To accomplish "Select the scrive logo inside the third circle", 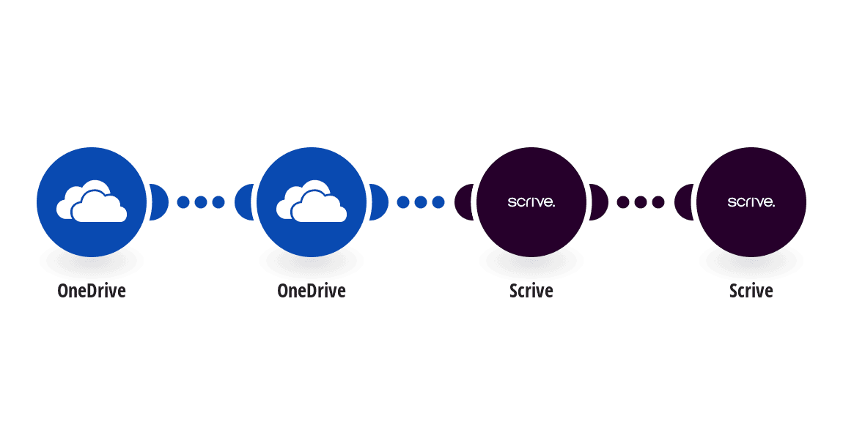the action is pyautogui.click(x=531, y=202).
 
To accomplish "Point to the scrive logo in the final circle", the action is pyautogui.click(x=751, y=202).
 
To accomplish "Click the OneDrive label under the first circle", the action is pyautogui.click(x=92, y=291).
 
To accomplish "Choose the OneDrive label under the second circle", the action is pyautogui.click(x=312, y=291).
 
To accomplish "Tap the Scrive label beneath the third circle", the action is pyautogui.click(x=531, y=291).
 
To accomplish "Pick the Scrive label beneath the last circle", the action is pyautogui.click(x=751, y=291).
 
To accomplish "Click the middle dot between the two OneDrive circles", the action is pyautogui.click(x=201, y=202).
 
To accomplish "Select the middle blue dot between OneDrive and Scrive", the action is pyautogui.click(x=421, y=202).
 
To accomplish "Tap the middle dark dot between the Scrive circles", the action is pyautogui.click(x=641, y=202).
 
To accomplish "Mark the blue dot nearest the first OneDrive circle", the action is pyautogui.click(x=183, y=202).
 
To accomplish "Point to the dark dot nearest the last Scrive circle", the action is pyautogui.click(x=658, y=202).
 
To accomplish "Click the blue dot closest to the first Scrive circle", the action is pyautogui.click(x=438, y=202).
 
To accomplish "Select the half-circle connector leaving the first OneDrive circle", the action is pyautogui.click(x=160, y=202).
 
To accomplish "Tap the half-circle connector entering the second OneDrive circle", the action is pyautogui.click(x=243, y=202).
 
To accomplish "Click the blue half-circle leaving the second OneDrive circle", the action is pyautogui.click(x=380, y=202).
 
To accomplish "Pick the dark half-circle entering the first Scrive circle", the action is pyautogui.click(x=463, y=202).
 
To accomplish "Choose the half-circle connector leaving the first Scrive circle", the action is pyautogui.click(x=600, y=202).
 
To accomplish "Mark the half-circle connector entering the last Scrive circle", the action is pyautogui.click(x=683, y=202).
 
